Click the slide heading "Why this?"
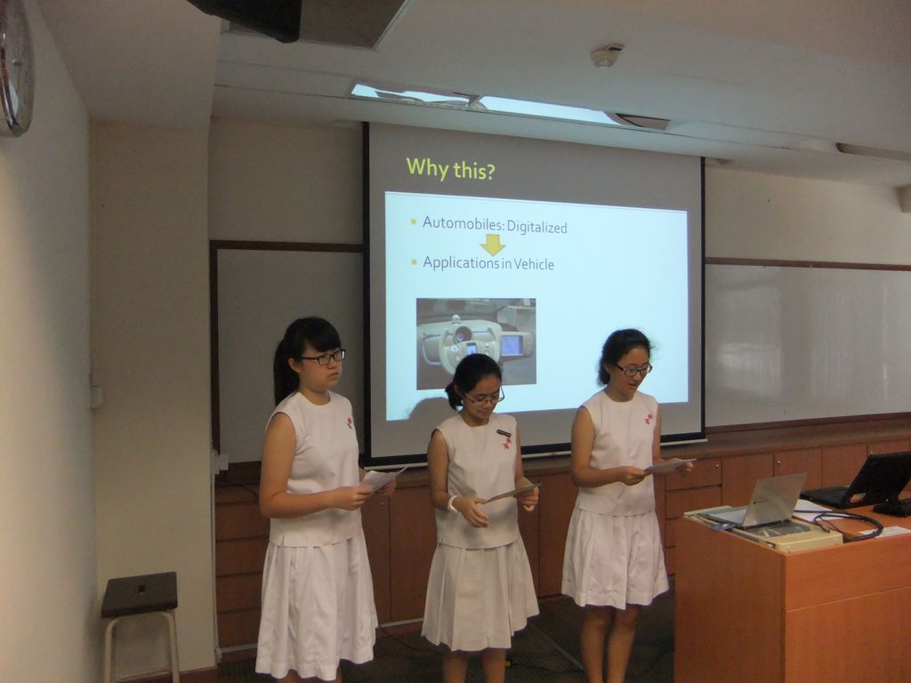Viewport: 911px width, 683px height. click(x=450, y=168)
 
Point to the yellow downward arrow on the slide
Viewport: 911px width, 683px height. click(x=493, y=245)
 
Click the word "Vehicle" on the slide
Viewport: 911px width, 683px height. click(x=534, y=264)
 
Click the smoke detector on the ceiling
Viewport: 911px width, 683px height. click(x=607, y=55)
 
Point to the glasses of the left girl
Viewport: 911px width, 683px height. click(x=324, y=358)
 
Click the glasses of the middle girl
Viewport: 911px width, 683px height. click(x=484, y=399)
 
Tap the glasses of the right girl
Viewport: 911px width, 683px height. click(x=633, y=369)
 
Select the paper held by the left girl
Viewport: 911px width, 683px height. click(x=383, y=478)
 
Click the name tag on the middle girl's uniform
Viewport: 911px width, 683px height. click(x=504, y=433)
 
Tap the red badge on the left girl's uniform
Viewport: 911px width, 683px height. click(x=349, y=422)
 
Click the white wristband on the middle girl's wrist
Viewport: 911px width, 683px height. click(x=452, y=503)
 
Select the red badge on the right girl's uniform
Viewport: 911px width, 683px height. click(x=649, y=419)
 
